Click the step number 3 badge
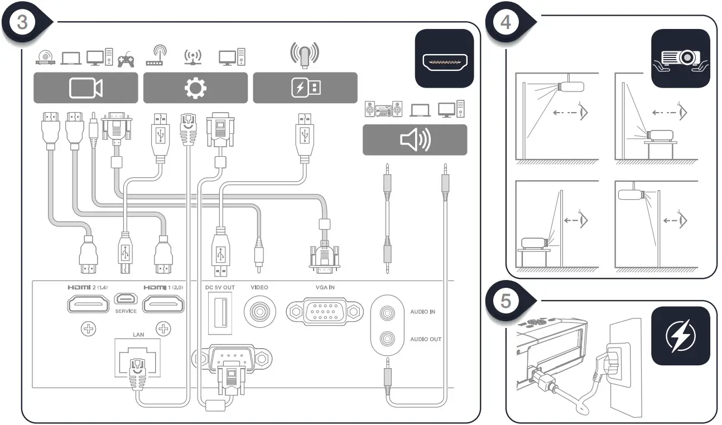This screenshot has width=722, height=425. [23, 22]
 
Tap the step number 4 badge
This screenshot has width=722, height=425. [506, 22]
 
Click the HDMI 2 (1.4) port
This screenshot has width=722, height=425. [88, 305]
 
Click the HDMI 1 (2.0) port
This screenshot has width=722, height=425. [163, 305]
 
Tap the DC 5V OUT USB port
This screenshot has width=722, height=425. [220, 315]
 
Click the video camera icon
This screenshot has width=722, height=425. [85, 88]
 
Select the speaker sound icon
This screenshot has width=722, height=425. [415, 140]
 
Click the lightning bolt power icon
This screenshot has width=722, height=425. [680, 336]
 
